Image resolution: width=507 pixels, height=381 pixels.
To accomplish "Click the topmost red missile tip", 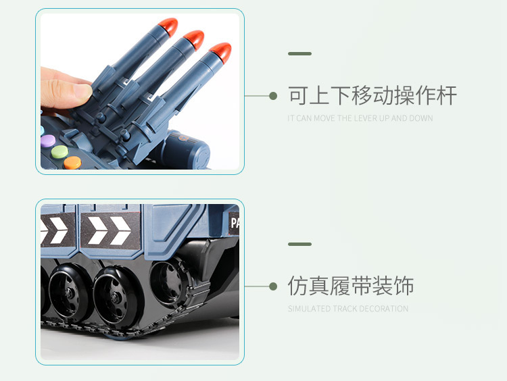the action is click(168, 27).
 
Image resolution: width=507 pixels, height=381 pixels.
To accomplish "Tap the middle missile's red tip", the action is click(194, 39).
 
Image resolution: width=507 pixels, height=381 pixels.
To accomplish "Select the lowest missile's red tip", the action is click(221, 52).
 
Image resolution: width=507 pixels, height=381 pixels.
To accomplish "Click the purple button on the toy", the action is click(48, 141).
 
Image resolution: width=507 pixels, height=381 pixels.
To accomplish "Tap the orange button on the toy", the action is click(72, 163).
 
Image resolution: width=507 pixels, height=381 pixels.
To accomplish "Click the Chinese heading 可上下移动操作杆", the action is click(372, 96).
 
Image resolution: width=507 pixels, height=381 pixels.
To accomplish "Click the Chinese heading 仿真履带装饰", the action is click(351, 286).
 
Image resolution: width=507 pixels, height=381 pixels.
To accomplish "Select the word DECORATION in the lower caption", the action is click(383, 309).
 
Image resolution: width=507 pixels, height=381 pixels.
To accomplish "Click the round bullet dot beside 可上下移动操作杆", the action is click(273, 96).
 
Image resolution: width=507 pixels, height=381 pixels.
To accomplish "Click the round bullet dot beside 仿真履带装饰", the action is click(273, 286).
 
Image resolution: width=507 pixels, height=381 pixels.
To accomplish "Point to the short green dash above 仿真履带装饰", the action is click(299, 244).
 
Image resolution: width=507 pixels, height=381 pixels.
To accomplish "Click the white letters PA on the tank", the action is click(235, 223).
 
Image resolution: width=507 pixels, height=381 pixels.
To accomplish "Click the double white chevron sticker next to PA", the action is click(110, 231).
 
